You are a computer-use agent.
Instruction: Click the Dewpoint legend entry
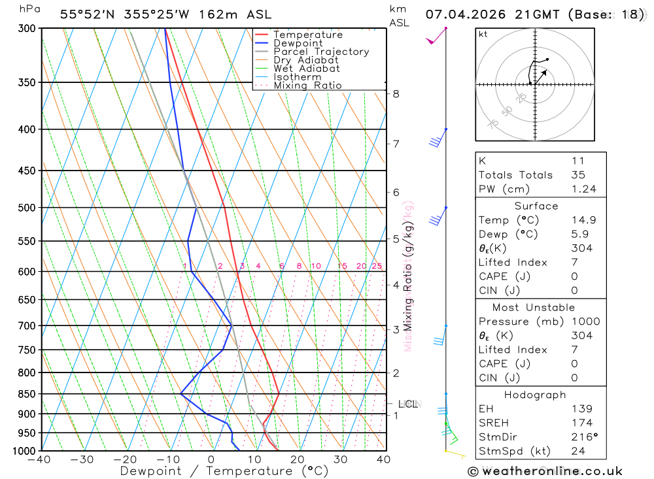tap(298, 43)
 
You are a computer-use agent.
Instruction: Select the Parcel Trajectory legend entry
tap(321, 52)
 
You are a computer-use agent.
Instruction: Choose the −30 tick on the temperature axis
tap(82, 459)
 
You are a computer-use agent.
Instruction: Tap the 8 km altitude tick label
tap(396, 93)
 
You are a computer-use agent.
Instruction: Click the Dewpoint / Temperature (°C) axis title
tap(215, 471)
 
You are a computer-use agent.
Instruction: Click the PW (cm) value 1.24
tap(584, 189)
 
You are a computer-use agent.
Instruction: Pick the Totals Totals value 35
tap(577, 174)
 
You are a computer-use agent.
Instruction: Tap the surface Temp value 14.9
tap(584, 220)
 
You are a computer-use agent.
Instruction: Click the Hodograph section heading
tap(536, 395)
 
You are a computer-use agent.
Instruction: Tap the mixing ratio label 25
tap(377, 266)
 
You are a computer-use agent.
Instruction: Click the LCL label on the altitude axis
tap(408, 404)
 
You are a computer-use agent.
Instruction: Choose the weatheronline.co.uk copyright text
tap(545, 471)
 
